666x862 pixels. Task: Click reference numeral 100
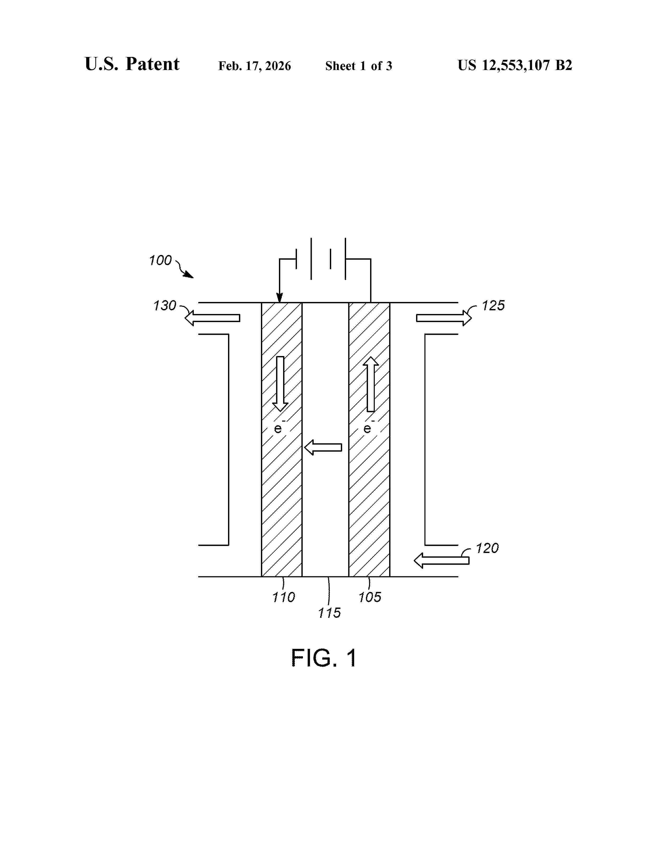[160, 260]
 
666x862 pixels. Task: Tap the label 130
[165, 306]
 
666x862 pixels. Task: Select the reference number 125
[493, 306]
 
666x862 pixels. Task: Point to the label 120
[487, 548]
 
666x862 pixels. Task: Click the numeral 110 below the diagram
[284, 597]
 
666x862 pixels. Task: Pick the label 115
[329, 613]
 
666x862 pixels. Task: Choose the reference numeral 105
[370, 597]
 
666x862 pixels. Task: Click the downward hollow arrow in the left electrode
[280, 384]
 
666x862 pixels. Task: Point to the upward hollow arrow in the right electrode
[371, 384]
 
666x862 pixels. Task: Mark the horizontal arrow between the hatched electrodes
[323, 447]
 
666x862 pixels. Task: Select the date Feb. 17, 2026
[254, 66]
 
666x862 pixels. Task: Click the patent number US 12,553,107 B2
[515, 65]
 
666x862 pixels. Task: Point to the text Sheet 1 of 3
[359, 66]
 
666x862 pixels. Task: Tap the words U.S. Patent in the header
[132, 64]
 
